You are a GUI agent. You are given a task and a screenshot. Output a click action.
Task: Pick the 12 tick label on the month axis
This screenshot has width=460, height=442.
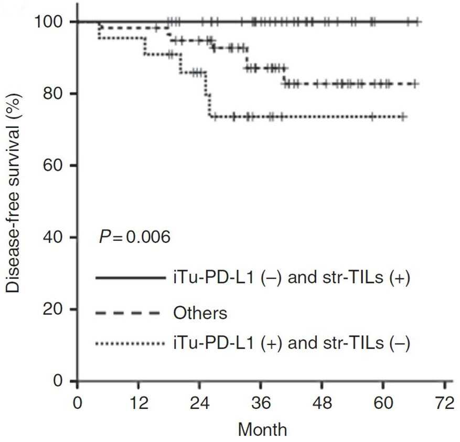(138, 403)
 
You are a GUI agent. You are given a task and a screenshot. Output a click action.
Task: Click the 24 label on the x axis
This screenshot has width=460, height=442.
(200, 403)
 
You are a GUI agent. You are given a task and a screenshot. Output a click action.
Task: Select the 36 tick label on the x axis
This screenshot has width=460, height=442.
(261, 403)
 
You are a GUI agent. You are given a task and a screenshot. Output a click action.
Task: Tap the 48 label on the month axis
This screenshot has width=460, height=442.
(322, 403)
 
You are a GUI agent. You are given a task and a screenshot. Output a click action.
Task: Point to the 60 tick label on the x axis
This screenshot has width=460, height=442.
(383, 403)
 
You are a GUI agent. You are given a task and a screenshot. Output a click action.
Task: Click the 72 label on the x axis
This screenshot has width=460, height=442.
(444, 403)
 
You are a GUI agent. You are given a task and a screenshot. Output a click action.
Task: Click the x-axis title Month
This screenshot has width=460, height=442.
(263, 430)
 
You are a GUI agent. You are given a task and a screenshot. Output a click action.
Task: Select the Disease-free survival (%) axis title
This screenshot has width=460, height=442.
(13, 193)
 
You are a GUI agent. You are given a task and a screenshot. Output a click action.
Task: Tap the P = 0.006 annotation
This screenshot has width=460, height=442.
(135, 236)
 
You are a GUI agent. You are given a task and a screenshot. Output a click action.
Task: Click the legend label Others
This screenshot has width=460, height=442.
(200, 312)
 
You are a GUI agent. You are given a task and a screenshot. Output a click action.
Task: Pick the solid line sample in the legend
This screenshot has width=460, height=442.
(131, 277)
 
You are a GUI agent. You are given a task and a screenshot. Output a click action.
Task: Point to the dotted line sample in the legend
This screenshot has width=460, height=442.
(130, 342)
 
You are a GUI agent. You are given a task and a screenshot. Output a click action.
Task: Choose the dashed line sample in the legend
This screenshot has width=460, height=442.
(127, 313)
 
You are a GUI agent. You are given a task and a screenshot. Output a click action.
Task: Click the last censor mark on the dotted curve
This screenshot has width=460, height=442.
(403, 117)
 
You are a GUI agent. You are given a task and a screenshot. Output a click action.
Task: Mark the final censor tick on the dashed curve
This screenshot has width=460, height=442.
(414, 84)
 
